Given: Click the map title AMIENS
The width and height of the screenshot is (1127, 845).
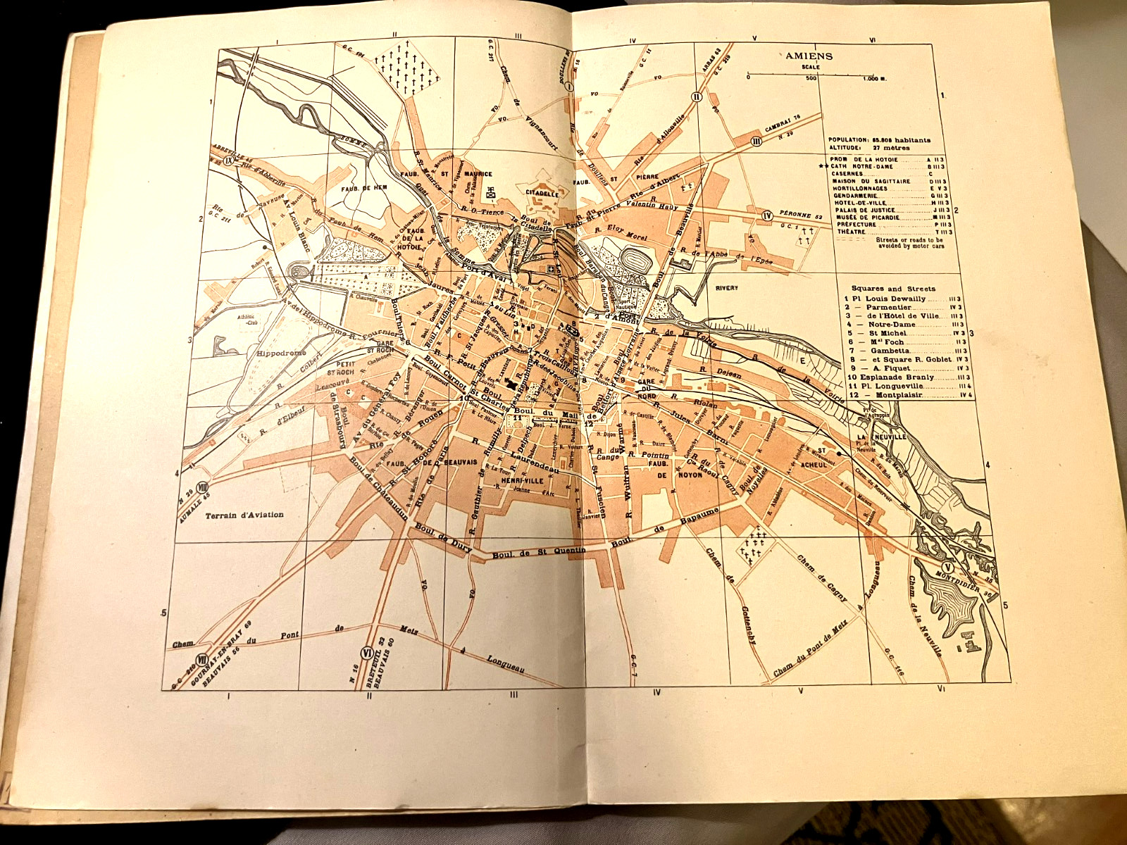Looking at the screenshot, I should [809, 56].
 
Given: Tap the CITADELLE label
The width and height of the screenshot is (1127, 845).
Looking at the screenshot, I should [542, 194].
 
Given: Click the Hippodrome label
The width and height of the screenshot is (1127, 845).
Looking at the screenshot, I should [281, 353].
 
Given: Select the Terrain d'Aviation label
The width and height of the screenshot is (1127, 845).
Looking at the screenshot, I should [244, 515].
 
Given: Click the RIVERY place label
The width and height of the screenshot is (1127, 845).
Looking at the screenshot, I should [726, 288].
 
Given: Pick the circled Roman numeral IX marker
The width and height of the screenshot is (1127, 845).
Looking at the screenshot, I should [228, 160].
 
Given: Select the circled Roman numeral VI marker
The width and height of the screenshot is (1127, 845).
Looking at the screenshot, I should [366, 651].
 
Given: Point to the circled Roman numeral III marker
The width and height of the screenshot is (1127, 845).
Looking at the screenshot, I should [757, 142].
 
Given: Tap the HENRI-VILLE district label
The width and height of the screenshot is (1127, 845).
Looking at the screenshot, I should [522, 480].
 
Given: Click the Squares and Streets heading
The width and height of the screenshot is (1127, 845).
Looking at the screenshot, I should [892, 288].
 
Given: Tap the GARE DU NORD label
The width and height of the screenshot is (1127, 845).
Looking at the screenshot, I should [646, 389].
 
